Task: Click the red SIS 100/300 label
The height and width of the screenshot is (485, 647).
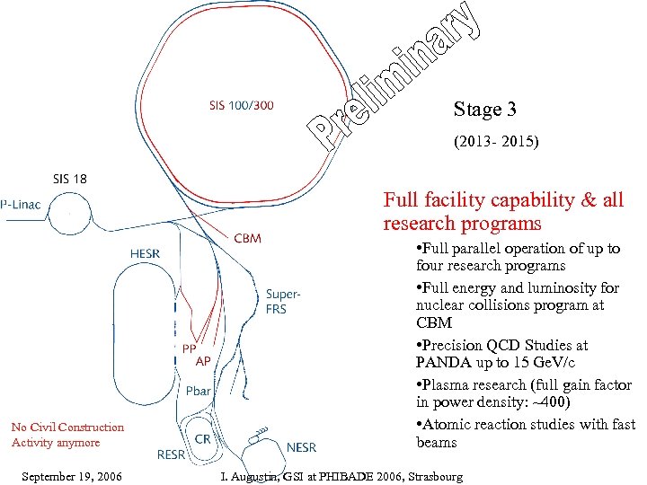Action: [x=242, y=105]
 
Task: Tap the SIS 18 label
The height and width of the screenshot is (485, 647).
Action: [x=69, y=179]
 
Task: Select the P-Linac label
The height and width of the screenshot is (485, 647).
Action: [x=24, y=206]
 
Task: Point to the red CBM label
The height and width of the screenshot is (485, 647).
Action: [x=248, y=239]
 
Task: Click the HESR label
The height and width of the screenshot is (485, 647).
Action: [x=145, y=254]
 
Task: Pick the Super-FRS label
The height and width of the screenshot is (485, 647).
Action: [x=283, y=301]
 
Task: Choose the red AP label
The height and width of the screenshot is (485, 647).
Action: [x=204, y=361]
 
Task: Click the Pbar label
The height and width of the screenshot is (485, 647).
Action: [x=199, y=392]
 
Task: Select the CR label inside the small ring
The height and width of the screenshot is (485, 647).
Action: [x=203, y=437]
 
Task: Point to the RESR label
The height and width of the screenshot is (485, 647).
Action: [x=171, y=454]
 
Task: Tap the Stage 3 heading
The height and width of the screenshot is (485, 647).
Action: [x=485, y=110]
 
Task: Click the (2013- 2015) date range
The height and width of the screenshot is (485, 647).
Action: [x=496, y=142]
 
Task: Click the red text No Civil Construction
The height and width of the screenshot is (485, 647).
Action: [x=67, y=428]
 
